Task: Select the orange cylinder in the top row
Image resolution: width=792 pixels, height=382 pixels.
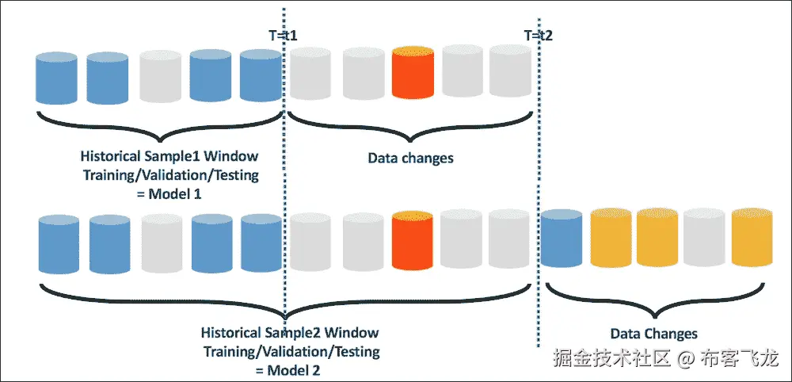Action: (x=413, y=72)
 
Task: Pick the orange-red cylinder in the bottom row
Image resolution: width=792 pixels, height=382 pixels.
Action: (x=412, y=240)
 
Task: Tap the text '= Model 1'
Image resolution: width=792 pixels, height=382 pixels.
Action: (x=169, y=193)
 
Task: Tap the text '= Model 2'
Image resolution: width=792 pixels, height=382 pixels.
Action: (x=287, y=370)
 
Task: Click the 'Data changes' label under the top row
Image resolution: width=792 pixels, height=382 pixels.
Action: (x=410, y=158)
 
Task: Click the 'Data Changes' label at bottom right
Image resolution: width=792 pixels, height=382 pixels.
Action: (x=653, y=334)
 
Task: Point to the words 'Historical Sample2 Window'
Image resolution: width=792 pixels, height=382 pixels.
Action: (x=290, y=333)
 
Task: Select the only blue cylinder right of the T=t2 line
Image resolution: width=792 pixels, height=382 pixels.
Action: (x=562, y=238)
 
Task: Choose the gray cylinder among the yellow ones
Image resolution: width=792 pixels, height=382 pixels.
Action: (x=703, y=238)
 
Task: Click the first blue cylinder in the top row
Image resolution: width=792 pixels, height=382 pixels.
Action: (x=56, y=78)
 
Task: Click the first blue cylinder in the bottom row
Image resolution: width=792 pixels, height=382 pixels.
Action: (x=59, y=244)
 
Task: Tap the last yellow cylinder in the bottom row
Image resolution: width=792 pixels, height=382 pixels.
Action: (x=752, y=237)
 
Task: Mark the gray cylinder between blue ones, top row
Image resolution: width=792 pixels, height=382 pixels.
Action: (x=160, y=78)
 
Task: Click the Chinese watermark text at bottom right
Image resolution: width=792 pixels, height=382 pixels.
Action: (x=665, y=358)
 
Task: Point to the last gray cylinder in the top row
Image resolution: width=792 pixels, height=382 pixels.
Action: (x=510, y=71)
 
